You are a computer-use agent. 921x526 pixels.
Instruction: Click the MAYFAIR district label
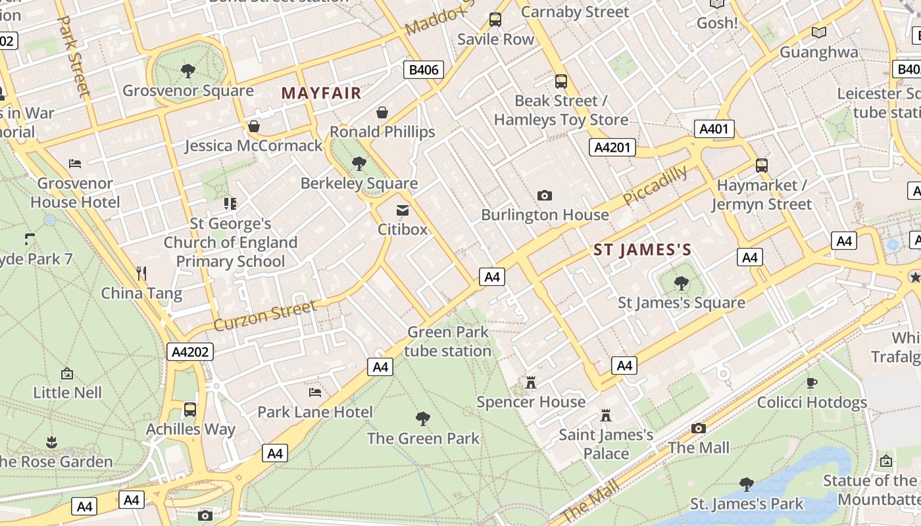(x=322, y=93)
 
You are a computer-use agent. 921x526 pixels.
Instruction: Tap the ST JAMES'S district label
(x=642, y=250)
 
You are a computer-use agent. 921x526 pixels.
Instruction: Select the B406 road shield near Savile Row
(x=423, y=70)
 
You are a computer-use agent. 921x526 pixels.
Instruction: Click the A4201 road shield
(x=612, y=147)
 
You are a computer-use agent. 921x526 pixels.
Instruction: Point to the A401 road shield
(x=714, y=129)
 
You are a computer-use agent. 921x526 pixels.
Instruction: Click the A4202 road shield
(x=190, y=352)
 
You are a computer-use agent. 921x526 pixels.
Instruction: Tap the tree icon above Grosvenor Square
(x=188, y=70)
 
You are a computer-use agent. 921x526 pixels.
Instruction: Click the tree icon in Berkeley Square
(x=359, y=163)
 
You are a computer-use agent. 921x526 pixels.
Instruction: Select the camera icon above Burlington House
(x=545, y=195)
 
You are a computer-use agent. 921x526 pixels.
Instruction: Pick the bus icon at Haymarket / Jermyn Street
(x=761, y=166)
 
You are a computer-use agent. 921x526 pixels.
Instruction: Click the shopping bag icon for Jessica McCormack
(x=254, y=126)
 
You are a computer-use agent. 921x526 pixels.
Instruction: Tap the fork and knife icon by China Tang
(x=141, y=273)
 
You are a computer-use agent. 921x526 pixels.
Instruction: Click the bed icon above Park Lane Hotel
(x=315, y=393)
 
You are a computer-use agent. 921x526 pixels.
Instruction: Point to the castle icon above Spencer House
(x=531, y=382)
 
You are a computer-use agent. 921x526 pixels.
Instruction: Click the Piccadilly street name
(x=655, y=185)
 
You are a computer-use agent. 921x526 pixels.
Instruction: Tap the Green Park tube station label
(x=447, y=341)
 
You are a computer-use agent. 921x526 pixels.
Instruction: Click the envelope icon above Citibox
(x=402, y=210)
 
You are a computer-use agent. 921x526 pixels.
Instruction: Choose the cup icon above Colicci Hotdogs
(x=812, y=383)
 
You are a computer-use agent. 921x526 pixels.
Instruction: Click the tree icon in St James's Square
(x=682, y=283)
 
